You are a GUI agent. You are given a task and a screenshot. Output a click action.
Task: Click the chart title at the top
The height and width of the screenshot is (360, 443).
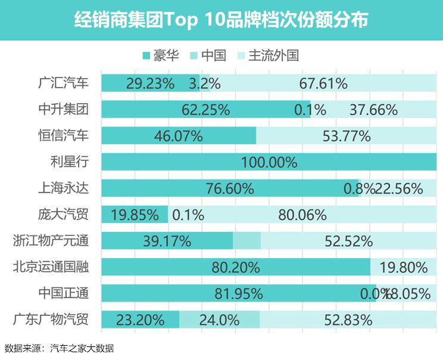[x=221, y=20]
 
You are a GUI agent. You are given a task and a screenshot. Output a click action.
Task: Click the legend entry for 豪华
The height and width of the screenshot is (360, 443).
[x=161, y=55]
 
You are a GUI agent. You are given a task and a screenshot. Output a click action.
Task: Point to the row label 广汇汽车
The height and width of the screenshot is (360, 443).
[x=63, y=83]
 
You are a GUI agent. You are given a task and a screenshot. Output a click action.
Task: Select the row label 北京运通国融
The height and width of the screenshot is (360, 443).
[x=51, y=266]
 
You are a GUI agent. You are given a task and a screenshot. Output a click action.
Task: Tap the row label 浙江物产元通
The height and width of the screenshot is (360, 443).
[x=51, y=240]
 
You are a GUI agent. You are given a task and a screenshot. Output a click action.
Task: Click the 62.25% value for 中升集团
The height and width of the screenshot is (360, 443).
[x=205, y=110]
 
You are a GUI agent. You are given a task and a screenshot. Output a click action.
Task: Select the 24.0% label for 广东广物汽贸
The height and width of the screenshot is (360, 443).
[x=219, y=319]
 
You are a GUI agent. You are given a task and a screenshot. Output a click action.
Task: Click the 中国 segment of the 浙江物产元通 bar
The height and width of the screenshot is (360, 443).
[x=247, y=241]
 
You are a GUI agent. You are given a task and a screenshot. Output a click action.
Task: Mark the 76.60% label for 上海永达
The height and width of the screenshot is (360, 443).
[x=229, y=188]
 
